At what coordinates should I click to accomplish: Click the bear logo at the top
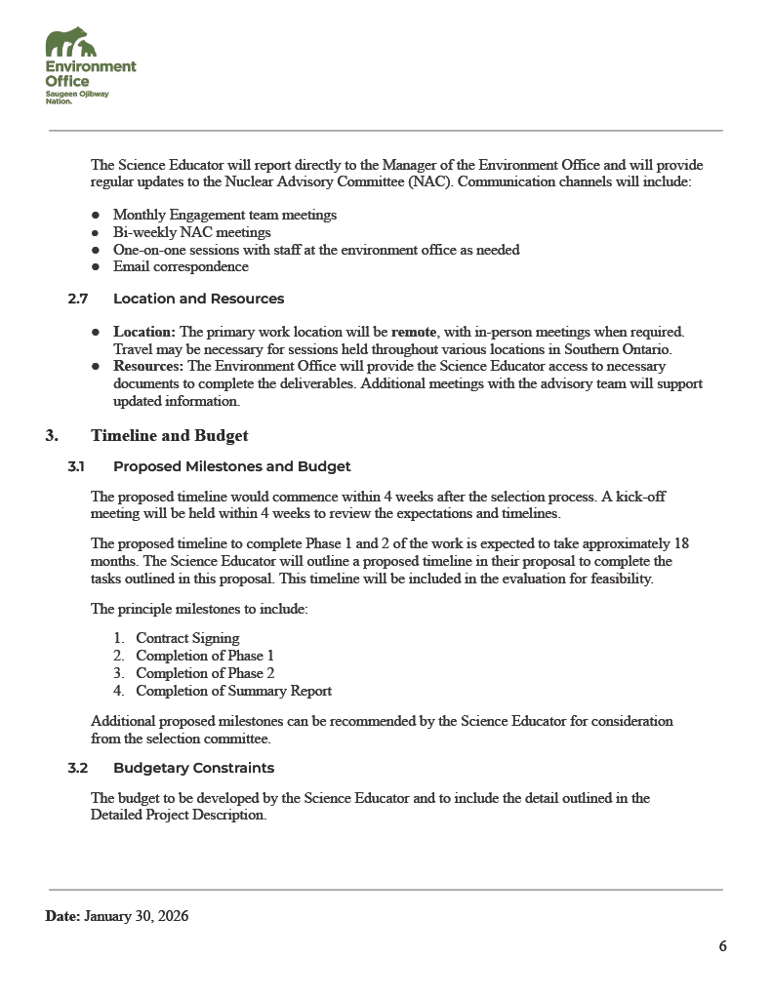pyautogui.click(x=71, y=44)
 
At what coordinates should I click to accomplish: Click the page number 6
pyautogui.click(x=722, y=946)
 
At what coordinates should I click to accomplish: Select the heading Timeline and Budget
pyautogui.click(x=169, y=436)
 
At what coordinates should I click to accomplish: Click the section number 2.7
pyautogui.click(x=78, y=299)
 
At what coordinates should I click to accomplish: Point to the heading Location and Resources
pyautogui.click(x=198, y=299)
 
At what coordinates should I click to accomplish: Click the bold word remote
pyautogui.click(x=413, y=332)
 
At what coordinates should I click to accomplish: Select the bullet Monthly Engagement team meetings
pyautogui.click(x=224, y=215)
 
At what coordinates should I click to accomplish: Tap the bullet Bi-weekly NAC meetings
pyautogui.click(x=191, y=232)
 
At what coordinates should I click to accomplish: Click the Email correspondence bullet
pyautogui.click(x=181, y=266)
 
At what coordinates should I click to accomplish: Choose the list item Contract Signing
pyautogui.click(x=187, y=638)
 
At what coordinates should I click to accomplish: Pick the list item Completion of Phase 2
pyautogui.click(x=205, y=673)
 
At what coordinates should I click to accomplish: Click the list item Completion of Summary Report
pyautogui.click(x=233, y=691)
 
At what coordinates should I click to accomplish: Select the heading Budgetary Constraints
pyautogui.click(x=193, y=768)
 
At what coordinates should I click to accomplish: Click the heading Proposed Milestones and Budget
pyautogui.click(x=231, y=466)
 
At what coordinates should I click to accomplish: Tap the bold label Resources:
pyautogui.click(x=148, y=366)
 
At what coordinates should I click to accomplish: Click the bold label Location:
pyautogui.click(x=144, y=332)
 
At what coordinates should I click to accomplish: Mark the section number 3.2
pyautogui.click(x=78, y=768)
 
